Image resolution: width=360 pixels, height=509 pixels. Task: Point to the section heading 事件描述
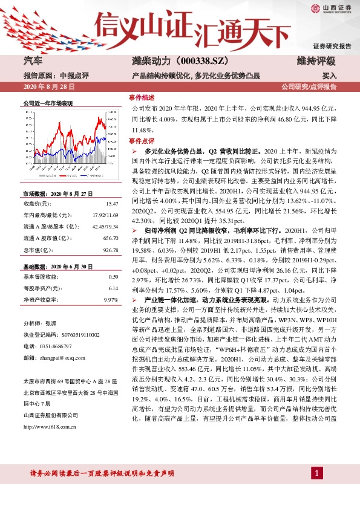(x=142, y=97)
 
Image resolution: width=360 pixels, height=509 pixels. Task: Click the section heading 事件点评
(x=142, y=140)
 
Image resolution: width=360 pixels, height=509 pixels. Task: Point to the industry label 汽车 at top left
(x=32, y=61)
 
